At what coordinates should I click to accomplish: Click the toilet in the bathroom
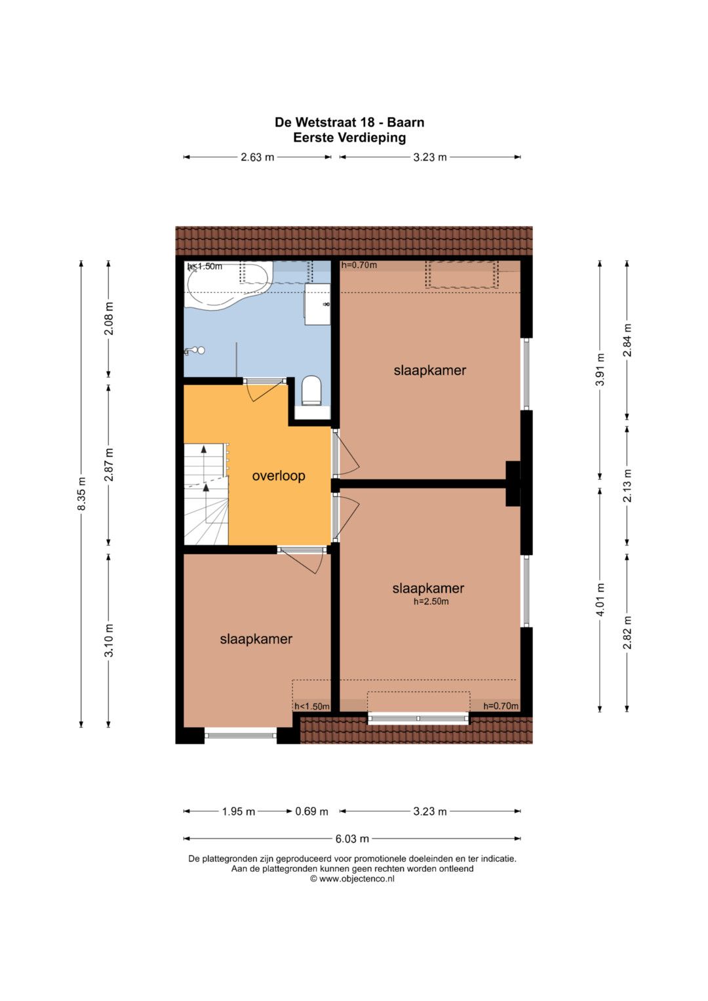pyautogui.click(x=311, y=391)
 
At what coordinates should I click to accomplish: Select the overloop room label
pyautogui.click(x=279, y=476)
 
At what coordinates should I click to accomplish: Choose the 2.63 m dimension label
pyautogui.click(x=258, y=157)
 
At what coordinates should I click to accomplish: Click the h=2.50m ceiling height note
pyautogui.click(x=431, y=602)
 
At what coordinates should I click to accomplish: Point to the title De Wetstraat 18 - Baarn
pyautogui.click(x=349, y=122)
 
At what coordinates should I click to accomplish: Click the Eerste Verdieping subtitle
pyautogui.click(x=349, y=138)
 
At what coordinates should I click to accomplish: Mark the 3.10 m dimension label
pyautogui.click(x=109, y=640)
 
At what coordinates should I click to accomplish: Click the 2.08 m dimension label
pyautogui.click(x=109, y=319)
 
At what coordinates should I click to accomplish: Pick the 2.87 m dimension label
pyautogui.click(x=109, y=465)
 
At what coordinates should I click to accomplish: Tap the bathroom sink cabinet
pyautogui.click(x=317, y=304)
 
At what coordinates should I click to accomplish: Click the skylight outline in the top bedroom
pyautogui.click(x=462, y=275)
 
